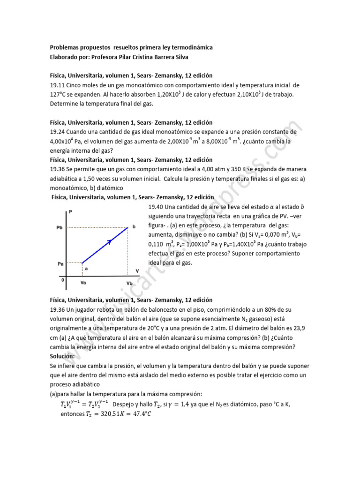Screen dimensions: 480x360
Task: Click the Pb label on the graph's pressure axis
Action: pyautogui.click(x=59, y=227)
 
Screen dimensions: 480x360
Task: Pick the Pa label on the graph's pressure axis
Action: pyautogui.click(x=60, y=263)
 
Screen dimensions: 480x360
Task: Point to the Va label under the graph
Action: pyautogui.click(x=83, y=283)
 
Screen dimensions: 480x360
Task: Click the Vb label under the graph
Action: pyautogui.click(x=129, y=284)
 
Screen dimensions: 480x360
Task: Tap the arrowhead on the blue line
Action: pyautogui.click(x=109, y=242)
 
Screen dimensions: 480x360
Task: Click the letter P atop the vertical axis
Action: pyautogui.click(x=70, y=212)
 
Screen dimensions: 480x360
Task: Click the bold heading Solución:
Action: pyautogui.click(x=62, y=356)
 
